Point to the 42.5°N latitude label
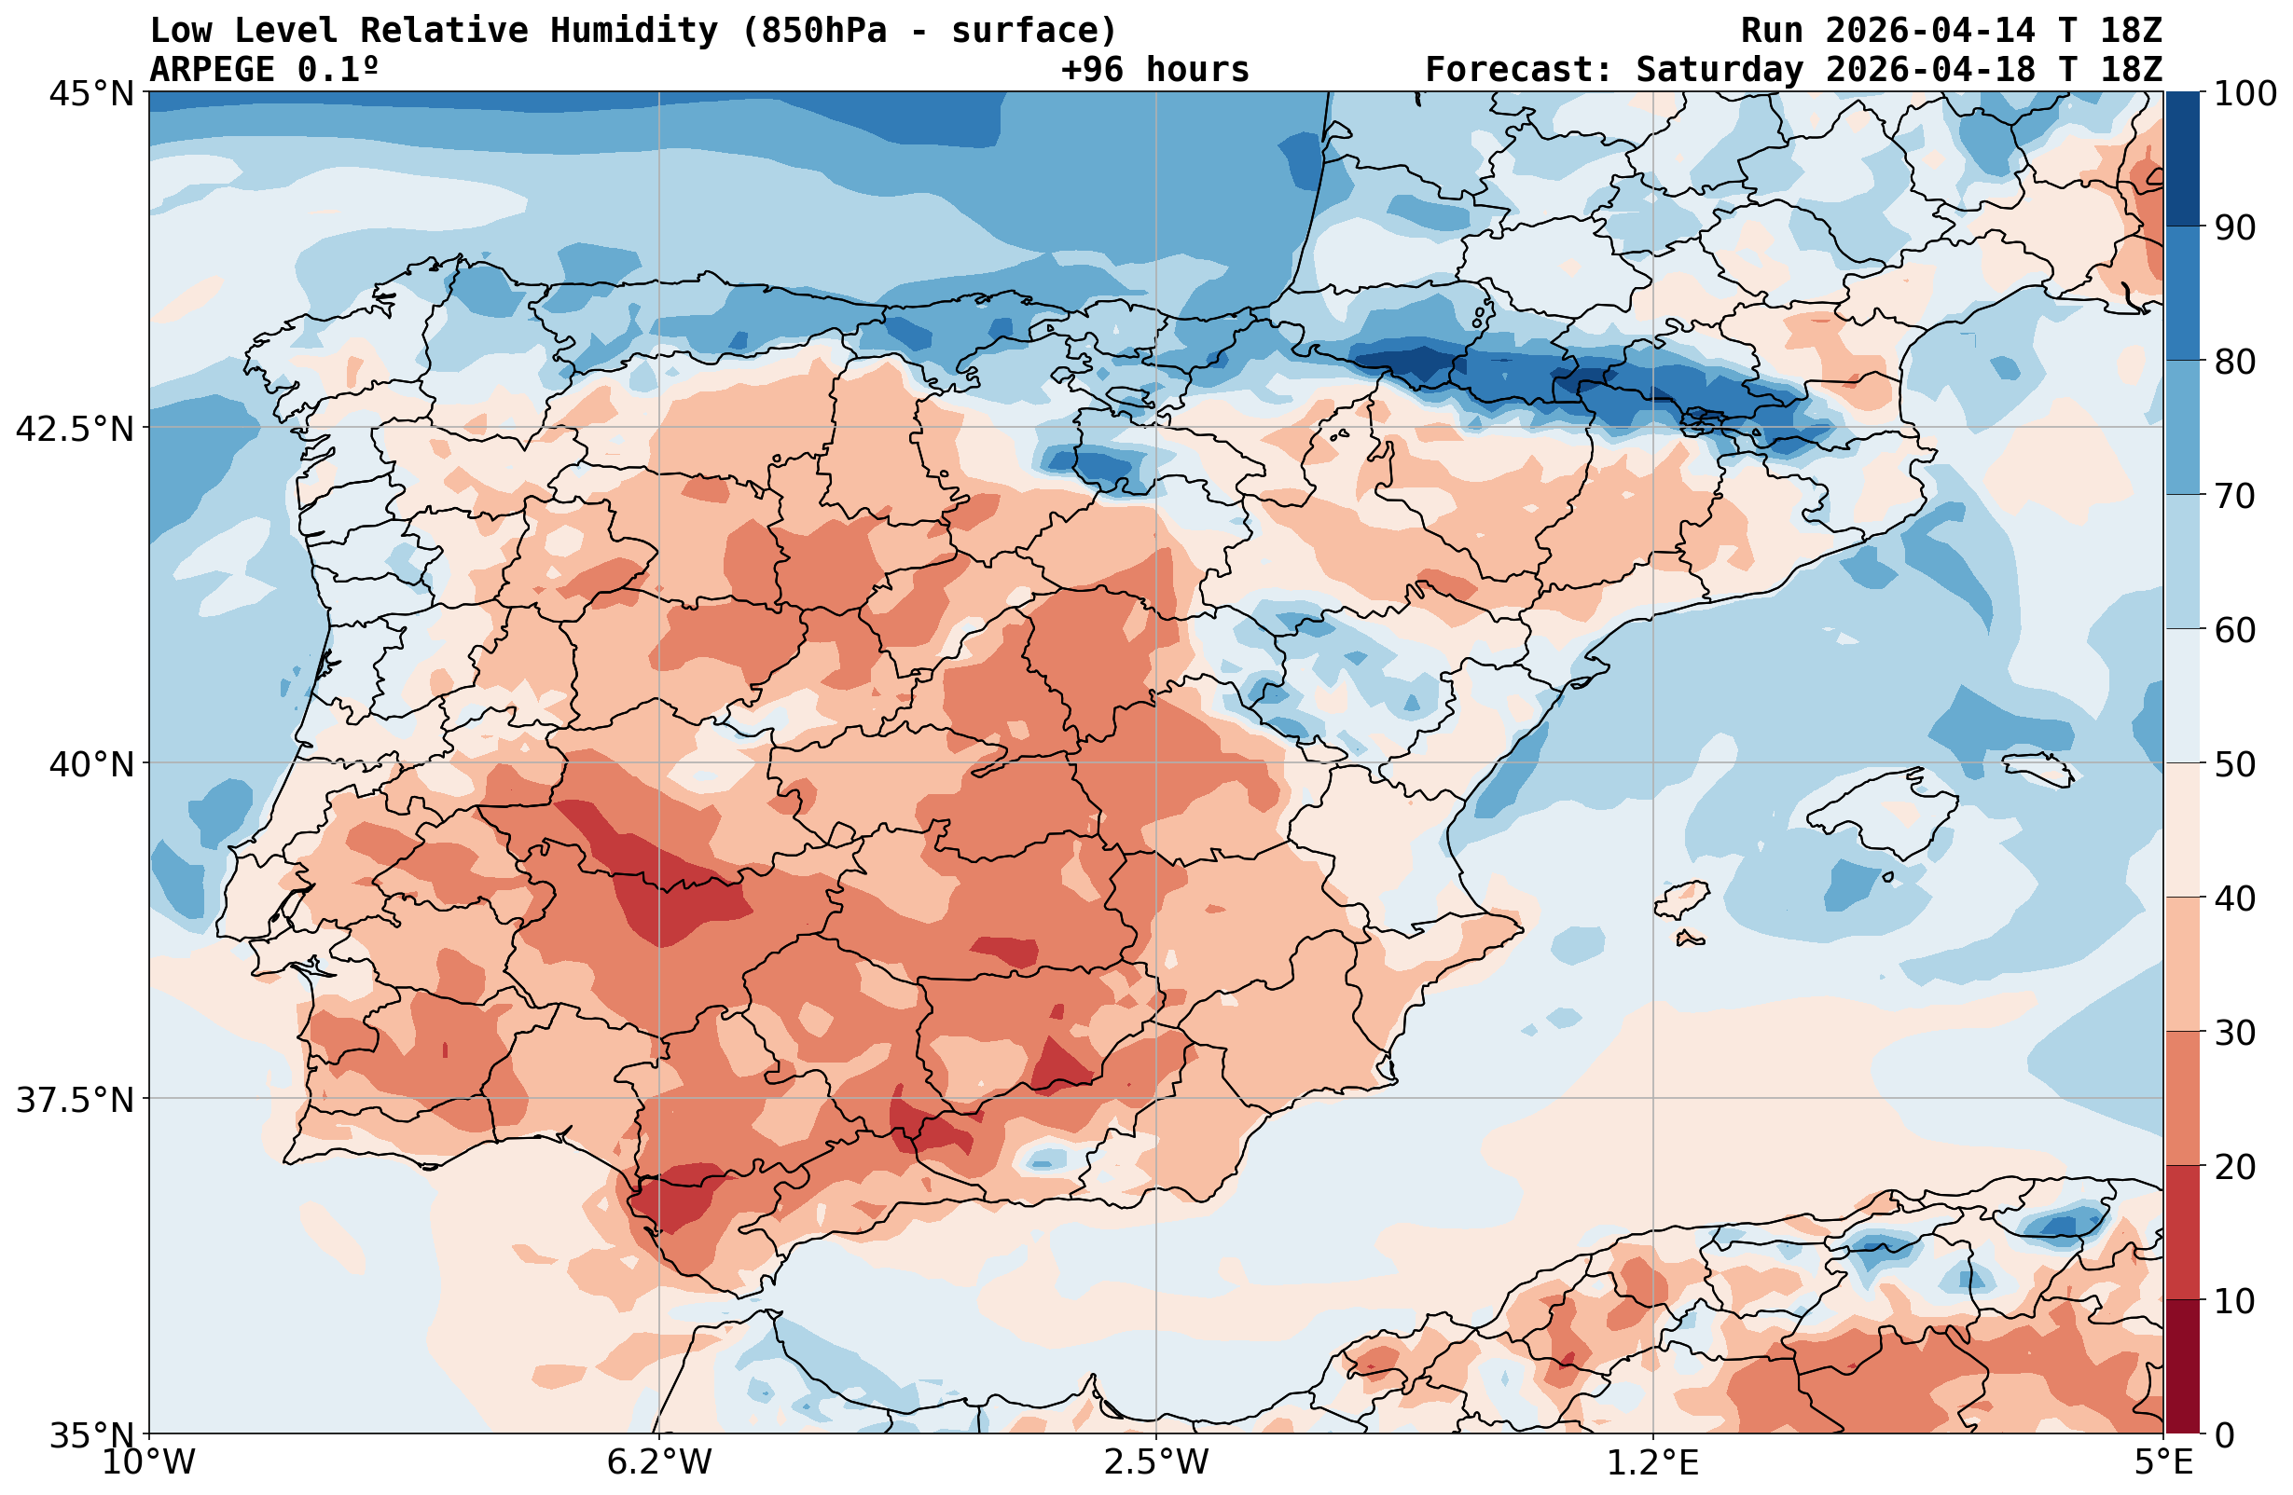point(76,429)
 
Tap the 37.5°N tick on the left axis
point(76,1100)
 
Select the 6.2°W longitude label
point(659,1462)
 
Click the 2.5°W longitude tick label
point(1156,1462)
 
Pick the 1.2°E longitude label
point(1653,1462)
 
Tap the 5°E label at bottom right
point(2163,1462)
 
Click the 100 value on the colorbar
point(2245,93)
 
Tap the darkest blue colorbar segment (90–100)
point(2182,159)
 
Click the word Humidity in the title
point(634,31)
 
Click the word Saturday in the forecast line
point(1719,69)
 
